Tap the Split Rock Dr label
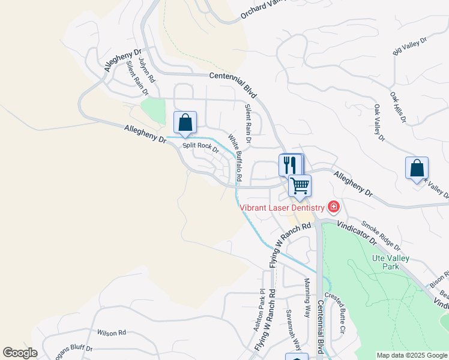201,146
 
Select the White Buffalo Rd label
235,158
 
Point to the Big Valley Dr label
409,47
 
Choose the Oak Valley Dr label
378,123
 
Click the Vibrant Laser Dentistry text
282,208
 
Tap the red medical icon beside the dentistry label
333,208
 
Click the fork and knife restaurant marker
290,164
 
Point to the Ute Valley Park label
390,262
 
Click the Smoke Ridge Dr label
381,235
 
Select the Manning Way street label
307,298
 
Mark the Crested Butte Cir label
335,313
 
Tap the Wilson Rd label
111,332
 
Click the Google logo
20,353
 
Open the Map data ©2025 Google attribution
412,355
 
